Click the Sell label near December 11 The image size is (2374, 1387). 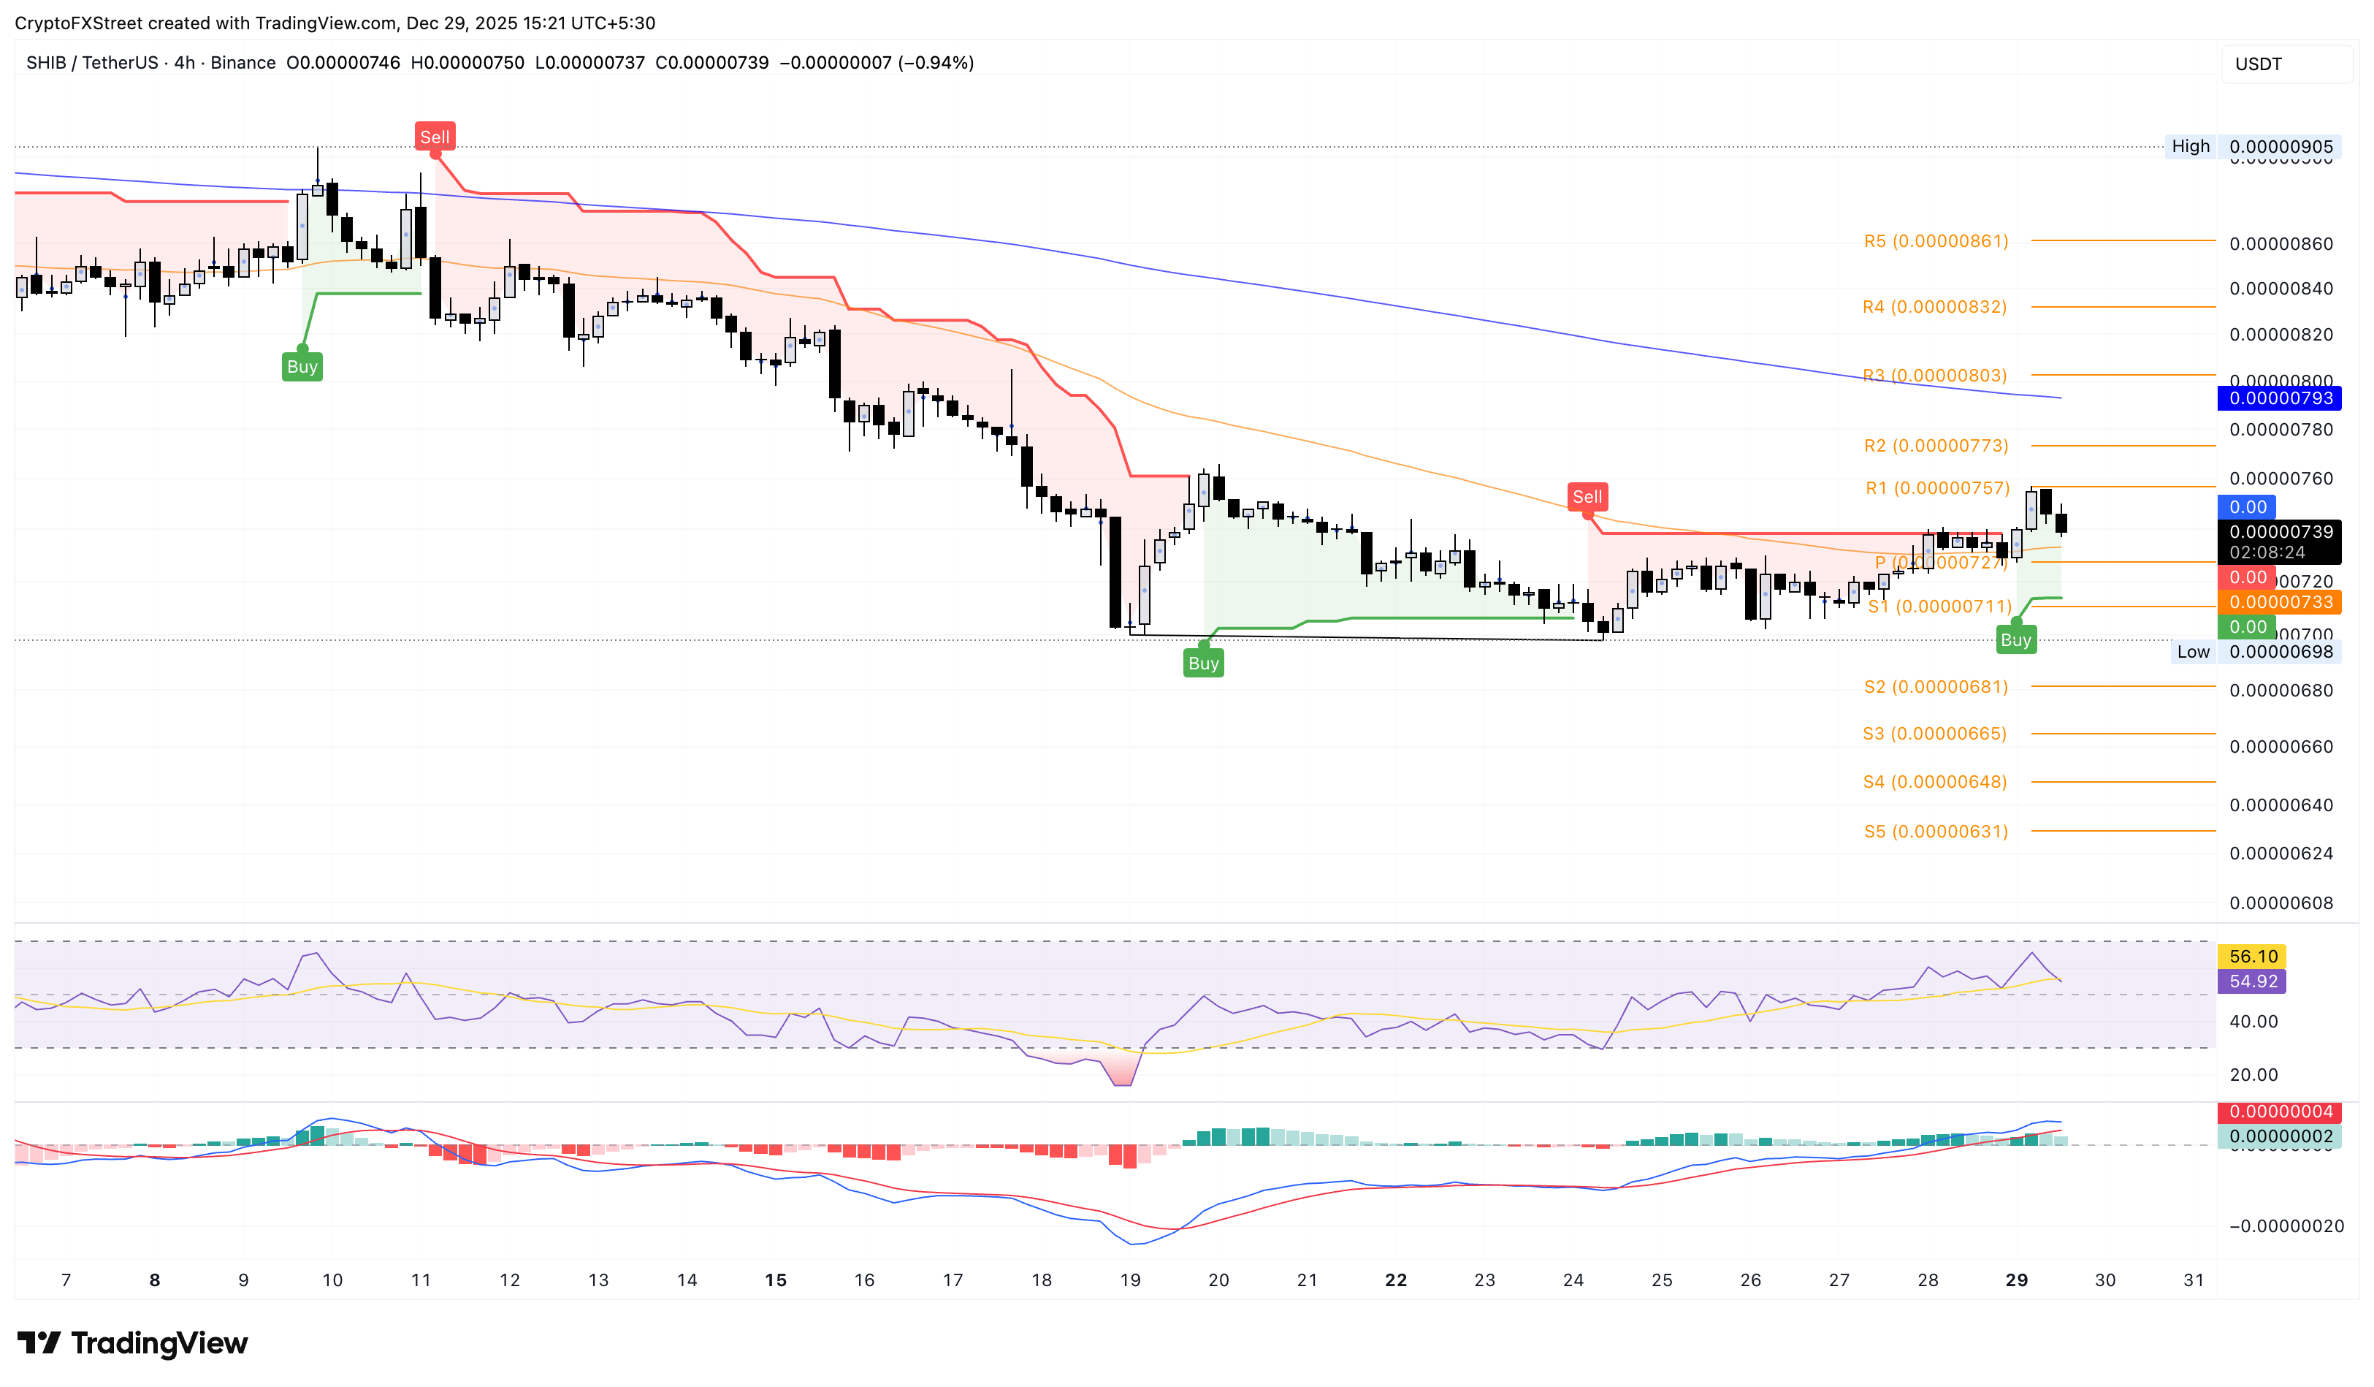click(x=435, y=137)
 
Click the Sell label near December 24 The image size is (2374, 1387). click(x=1587, y=497)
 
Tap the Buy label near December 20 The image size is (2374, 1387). click(x=1203, y=664)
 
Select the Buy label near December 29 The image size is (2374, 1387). click(x=2015, y=640)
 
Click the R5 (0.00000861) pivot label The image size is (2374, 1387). click(x=1936, y=241)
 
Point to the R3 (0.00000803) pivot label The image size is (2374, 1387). click(x=1935, y=376)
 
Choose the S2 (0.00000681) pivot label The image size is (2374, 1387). click(x=1936, y=687)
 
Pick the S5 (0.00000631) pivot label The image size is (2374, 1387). click(x=1936, y=831)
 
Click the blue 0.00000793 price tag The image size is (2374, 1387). click(x=2280, y=398)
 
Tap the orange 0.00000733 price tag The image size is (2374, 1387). click(x=2280, y=602)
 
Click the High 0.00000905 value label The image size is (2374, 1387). click(x=2280, y=147)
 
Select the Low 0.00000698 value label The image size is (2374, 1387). click(x=2280, y=652)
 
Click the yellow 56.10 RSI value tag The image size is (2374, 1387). click(x=2253, y=957)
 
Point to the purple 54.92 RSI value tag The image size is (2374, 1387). click(x=2253, y=981)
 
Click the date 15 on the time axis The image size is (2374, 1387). click(x=775, y=1280)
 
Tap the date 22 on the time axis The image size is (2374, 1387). click(x=1395, y=1280)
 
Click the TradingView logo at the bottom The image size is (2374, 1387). click(x=133, y=1342)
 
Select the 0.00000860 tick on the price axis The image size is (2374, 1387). click(x=2280, y=244)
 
